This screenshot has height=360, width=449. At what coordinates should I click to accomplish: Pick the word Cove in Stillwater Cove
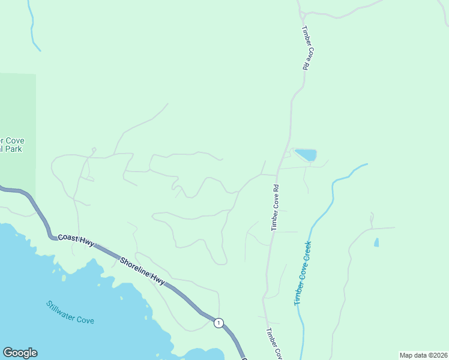86,319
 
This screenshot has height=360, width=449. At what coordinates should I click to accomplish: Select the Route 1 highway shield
218,323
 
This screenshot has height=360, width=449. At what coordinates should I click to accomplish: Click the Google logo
20,353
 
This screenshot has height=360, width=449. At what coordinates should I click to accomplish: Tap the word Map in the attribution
406,355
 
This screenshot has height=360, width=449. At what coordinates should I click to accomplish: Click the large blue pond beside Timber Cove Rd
304,155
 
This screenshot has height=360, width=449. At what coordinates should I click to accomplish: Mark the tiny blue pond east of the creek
376,242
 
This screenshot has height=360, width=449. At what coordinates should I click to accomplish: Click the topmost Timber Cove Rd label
305,49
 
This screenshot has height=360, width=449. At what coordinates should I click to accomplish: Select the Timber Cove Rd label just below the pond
276,207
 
